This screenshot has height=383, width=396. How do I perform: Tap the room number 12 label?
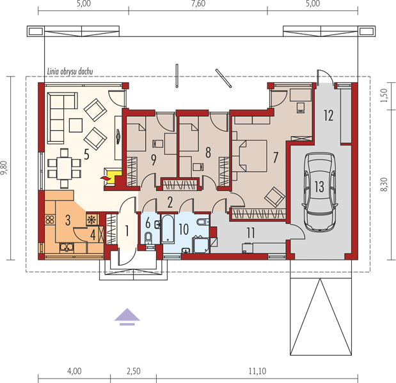[x=329, y=116]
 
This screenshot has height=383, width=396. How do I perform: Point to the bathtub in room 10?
[x=168, y=229]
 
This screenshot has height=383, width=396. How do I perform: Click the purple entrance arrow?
[x=127, y=317]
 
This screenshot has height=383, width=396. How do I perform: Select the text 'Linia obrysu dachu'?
[x=70, y=71]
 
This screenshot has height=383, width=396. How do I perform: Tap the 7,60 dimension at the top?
[x=198, y=4]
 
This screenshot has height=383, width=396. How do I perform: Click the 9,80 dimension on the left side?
[x=4, y=168]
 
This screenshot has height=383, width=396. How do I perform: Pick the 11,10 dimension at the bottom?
[x=257, y=371]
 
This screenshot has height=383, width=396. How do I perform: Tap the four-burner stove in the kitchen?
[x=50, y=220]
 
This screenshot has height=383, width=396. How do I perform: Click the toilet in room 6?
[x=148, y=238]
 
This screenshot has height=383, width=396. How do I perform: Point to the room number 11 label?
[x=251, y=233]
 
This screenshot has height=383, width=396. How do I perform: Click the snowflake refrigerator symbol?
[x=91, y=220]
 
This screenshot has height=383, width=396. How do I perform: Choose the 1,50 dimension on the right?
[x=384, y=96]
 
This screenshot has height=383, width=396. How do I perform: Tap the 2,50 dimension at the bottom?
[x=133, y=371]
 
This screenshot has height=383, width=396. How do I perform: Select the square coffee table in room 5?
[x=75, y=125]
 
